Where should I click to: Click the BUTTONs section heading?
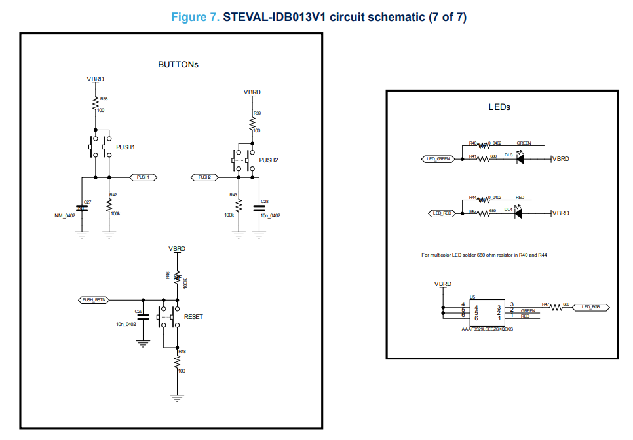[178, 65]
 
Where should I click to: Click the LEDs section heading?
[499, 107]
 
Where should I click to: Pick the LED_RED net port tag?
[442, 213]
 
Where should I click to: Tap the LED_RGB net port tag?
[590, 306]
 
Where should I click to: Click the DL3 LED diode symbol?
[521, 159]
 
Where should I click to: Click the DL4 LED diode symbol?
[521, 213]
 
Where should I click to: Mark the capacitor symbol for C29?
[144, 317]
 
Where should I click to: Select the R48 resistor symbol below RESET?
[177, 361]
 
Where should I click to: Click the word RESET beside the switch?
[193, 317]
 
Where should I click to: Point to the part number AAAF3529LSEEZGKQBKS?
[488, 329]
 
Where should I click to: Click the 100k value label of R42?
[115, 213]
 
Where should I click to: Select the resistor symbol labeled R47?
[557, 306]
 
